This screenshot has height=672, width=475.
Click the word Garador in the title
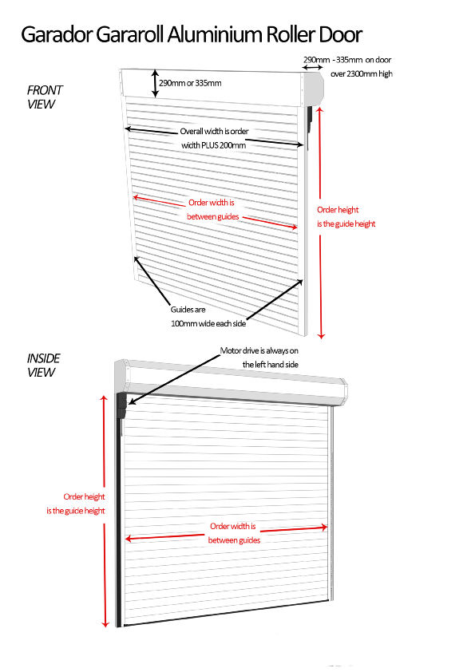tap(57, 34)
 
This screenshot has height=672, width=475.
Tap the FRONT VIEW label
tap(44, 97)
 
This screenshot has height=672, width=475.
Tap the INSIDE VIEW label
tap(43, 366)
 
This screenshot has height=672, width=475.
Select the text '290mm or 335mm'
tap(190, 83)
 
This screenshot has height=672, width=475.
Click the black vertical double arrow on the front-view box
tap(155, 83)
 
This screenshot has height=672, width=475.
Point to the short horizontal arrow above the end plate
tap(313, 67)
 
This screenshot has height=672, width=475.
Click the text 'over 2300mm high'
tap(362, 73)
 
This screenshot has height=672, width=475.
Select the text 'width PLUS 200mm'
tap(213, 145)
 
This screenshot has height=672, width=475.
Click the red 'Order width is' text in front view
tap(212, 202)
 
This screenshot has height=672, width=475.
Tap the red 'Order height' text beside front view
tap(338, 210)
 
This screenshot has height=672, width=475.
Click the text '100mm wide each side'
tap(208, 323)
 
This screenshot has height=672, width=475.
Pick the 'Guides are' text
tap(188, 310)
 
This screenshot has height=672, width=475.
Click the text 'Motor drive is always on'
tap(259, 350)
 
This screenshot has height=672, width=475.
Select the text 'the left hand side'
tap(270, 365)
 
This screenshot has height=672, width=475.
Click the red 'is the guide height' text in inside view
tap(76, 511)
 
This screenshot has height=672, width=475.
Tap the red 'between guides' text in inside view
tap(234, 540)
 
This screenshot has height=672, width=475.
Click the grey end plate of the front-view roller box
tap(314, 89)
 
